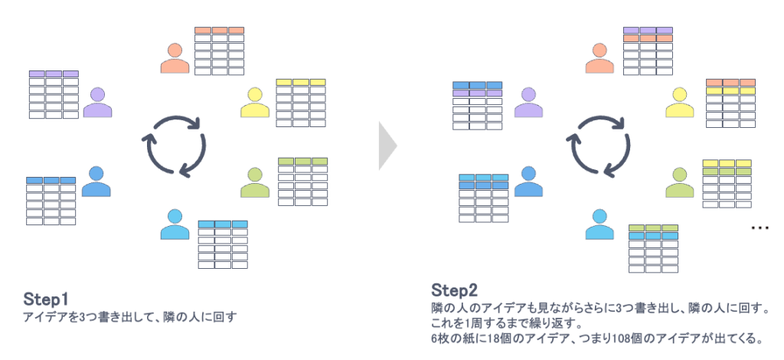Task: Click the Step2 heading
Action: tap(455, 290)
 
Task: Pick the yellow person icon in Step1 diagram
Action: tap(256, 103)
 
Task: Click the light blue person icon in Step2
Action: tap(600, 224)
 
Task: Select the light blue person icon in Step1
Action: tap(175, 224)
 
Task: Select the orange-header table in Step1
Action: tap(219, 51)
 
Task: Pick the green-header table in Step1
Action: tap(302, 182)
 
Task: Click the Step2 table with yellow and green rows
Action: tap(727, 183)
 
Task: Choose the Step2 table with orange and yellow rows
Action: tap(730, 103)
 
